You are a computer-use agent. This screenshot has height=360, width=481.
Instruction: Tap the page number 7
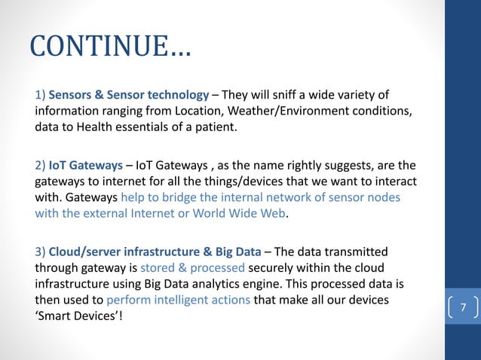[x=464, y=307]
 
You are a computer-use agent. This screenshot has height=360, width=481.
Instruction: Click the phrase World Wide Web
[x=251, y=213]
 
